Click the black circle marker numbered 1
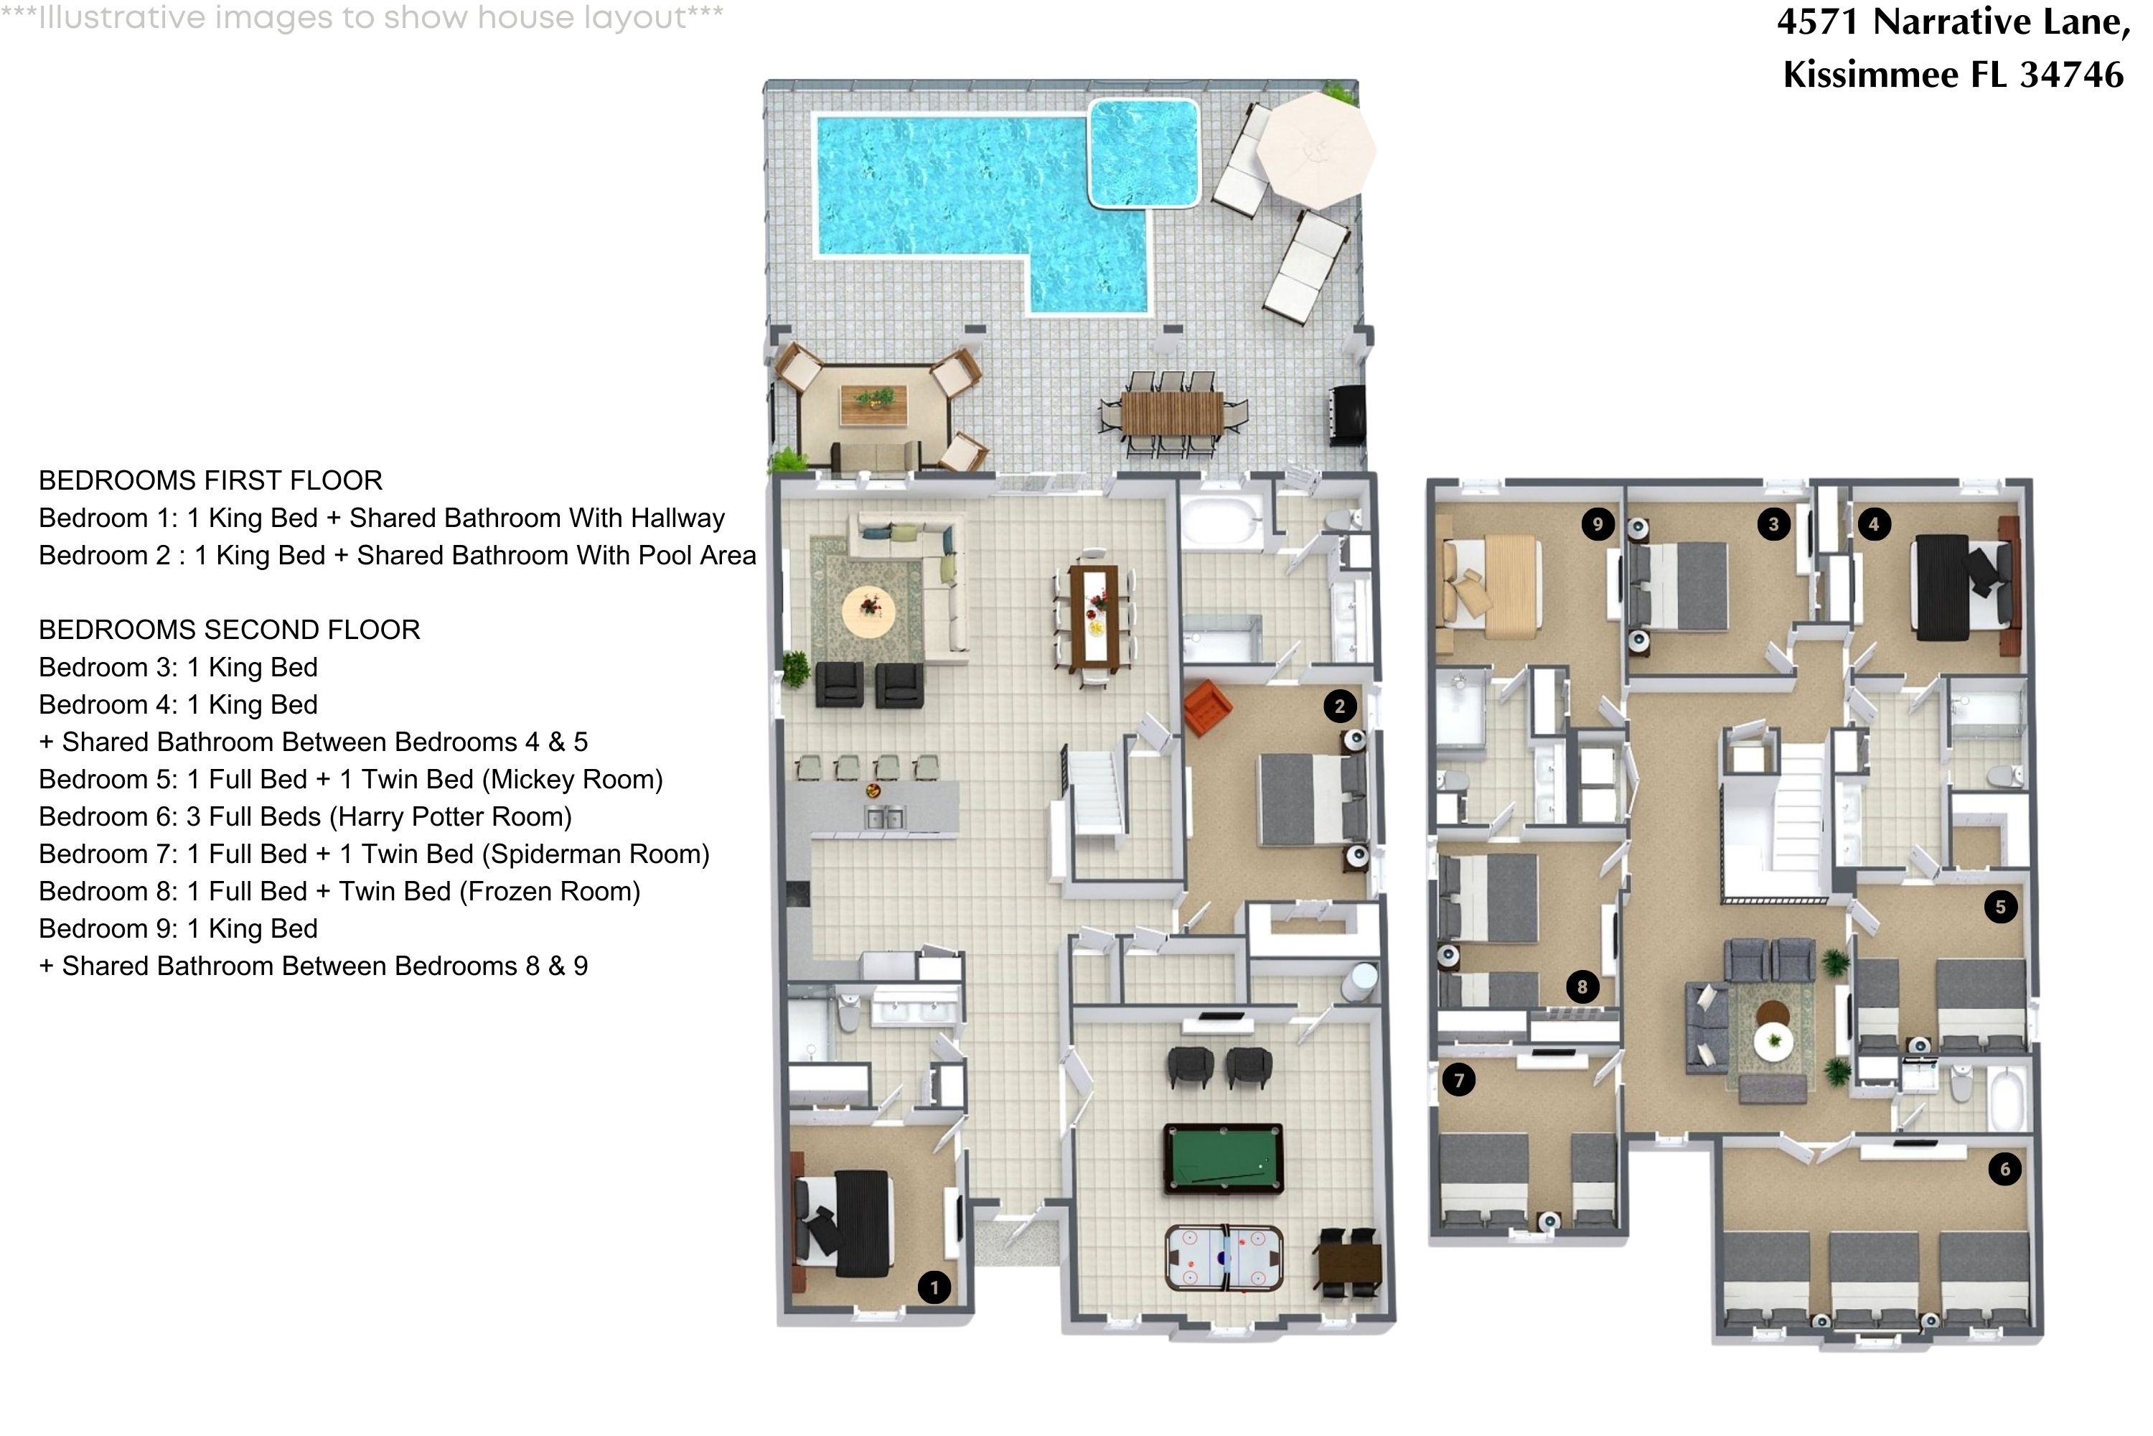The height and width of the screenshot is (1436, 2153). (x=934, y=1287)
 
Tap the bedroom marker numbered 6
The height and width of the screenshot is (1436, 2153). (x=2004, y=1169)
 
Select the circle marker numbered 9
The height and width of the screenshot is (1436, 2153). (x=1598, y=524)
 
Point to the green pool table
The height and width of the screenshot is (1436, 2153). (x=1223, y=1159)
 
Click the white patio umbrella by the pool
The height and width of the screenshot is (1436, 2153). (x=1315, y=149)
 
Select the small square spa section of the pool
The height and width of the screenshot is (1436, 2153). (x=1143, y=152)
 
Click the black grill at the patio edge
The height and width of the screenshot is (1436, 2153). (x=1346, y=414)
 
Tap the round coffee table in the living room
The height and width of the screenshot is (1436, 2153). (x=868, y=612)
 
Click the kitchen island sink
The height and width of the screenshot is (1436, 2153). (x=884, y=817)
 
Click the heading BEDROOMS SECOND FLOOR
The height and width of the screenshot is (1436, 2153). (x=229, y=629)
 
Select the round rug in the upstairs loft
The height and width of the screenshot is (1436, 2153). (x=1773, y=1040)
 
